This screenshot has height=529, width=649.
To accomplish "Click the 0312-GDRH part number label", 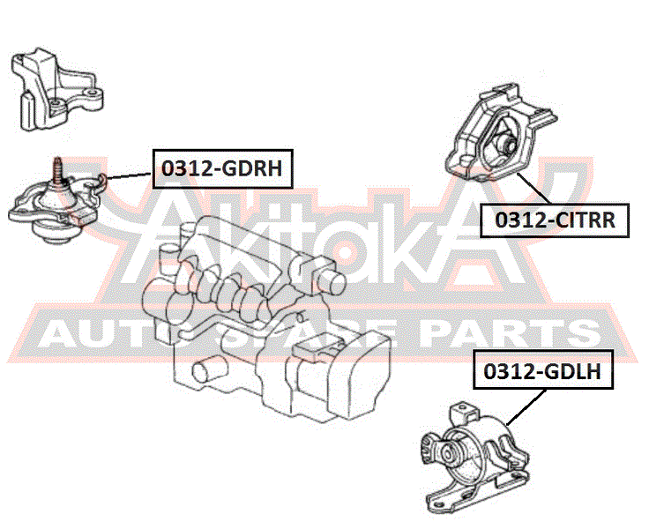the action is (x=223, y=169).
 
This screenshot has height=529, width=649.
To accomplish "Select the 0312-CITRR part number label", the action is (x=555, y=220).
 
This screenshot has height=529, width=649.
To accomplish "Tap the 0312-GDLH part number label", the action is (x=543, y=371).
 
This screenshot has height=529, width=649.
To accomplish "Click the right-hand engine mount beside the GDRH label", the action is (x=55, y=202).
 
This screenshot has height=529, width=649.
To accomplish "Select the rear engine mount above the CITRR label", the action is (x=501, y=132).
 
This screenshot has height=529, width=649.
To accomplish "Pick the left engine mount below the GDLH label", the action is (x=474, y=459).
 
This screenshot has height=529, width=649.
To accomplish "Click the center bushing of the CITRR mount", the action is (x=506, y=144).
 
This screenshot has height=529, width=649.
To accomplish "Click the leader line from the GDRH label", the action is (x=129, y=176).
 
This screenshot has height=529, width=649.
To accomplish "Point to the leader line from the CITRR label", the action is (x=534, y=188).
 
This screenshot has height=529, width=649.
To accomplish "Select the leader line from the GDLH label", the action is (x=526, y=407).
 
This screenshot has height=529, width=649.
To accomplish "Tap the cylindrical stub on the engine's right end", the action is (x=331, y=281).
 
